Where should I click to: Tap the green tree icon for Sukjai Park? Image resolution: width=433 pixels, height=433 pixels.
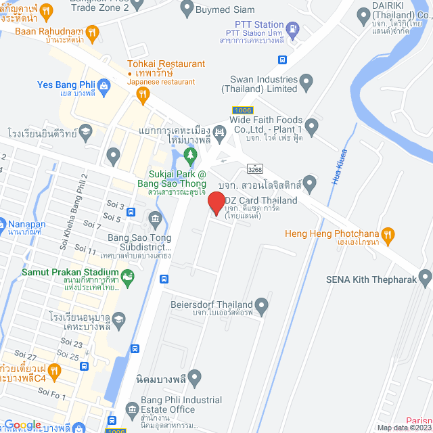click(x=191, y=156)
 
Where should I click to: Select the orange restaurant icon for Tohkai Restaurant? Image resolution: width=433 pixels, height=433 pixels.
click(x=142, y=95)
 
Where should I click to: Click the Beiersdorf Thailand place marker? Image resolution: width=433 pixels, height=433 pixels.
click(x=262, y=305)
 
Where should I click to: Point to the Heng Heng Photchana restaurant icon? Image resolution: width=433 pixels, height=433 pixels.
click(x=387, y=235)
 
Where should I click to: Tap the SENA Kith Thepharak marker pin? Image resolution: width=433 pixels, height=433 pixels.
click(x=425, y=277)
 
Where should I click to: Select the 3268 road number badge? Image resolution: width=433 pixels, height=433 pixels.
click(x=255, y=168)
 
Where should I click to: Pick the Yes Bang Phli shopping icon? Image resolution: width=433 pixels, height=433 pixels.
click(x=104, y=85)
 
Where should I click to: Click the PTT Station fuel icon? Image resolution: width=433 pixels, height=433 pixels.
click(x=292, y=29)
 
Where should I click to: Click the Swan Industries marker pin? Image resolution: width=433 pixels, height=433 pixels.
click(x=306, y=83)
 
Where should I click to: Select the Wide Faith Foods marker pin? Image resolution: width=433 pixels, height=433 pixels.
click(x=311, y=125)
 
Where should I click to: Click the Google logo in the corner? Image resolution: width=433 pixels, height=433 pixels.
click(x=22, y=425)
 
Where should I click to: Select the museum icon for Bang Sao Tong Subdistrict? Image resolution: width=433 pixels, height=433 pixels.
click(x=155, y=218)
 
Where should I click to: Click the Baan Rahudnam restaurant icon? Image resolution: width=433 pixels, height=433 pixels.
click(x=93, y=31)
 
